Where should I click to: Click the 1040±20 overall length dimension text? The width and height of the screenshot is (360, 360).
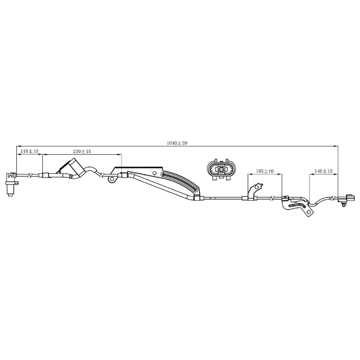pos(177,143)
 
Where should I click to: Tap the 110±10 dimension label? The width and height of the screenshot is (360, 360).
pos(30,151)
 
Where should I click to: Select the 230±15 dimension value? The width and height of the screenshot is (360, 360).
pos(82,151)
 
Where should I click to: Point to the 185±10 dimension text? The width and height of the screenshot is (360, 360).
pos(265,171)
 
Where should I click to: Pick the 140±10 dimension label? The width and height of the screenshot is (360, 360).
pos(323,171)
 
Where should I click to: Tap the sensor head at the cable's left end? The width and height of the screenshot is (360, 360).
pos(11,184)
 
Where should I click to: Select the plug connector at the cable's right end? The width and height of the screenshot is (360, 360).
pos(346,199)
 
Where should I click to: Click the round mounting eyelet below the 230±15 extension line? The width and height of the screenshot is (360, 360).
pos(112,179)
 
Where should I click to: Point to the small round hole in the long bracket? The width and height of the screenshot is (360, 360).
pos(155,173)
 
